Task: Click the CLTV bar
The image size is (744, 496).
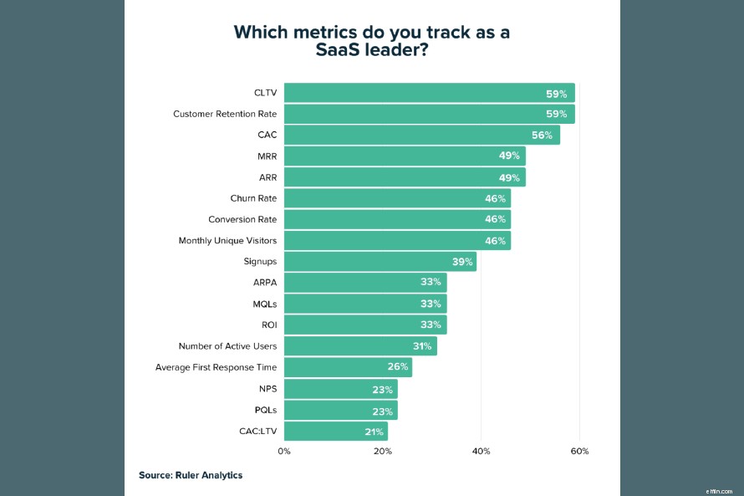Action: [x=429, y=93]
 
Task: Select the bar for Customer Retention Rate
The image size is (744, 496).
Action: [x=429, y=114]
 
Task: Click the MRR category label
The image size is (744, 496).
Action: [x=267, y=156]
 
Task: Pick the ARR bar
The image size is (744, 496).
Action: [x=405, y=177]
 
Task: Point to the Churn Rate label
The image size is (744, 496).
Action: [x=253, y=198]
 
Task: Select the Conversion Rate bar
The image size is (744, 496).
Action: [x=397, y=219]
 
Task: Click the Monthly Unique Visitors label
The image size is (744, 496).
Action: [x=227, y=241]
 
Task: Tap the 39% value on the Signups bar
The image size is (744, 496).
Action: [x=462, y=262]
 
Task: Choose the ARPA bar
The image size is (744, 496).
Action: [x=365, y=283]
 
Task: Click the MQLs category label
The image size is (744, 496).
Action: [x=264, y=304]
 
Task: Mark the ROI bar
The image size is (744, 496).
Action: [x=365, y=325]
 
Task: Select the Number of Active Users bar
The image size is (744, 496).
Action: [x=360, y=346]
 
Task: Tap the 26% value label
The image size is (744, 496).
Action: [x=398, y=367]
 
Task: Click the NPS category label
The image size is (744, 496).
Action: [x=268, y=389]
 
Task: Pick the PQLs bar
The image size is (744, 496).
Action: [x=340, y=410]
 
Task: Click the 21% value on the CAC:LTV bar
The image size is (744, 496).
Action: [x=374, y=432]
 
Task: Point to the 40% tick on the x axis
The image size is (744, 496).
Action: [x=481, y=452]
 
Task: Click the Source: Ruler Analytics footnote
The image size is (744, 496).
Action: [x=191, y=475]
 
